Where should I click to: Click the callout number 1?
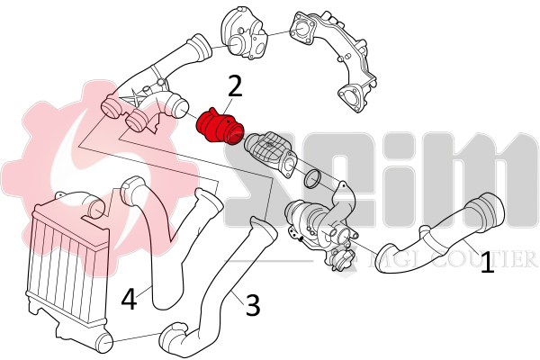pos(487,264)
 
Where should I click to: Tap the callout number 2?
pos(236,87)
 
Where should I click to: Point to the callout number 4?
pos(130,298)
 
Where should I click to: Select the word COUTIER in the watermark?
pos(486,261)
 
